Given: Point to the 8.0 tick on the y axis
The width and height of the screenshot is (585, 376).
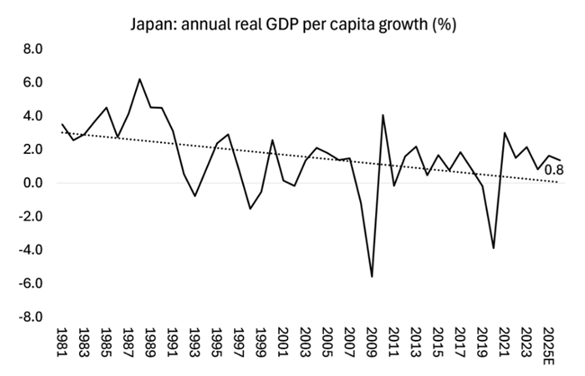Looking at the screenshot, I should (x=31, y=49).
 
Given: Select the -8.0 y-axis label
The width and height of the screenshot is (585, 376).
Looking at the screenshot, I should (x=29, y=318).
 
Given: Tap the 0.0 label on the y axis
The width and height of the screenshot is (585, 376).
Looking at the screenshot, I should (x=31, y=184).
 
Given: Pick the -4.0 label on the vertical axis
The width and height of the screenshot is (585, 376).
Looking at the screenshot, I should (x=29, y=250).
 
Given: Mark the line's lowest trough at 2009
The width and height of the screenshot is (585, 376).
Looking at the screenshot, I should (x=372, y=277).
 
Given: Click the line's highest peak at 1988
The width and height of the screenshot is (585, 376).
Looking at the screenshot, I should (x=139, y=79).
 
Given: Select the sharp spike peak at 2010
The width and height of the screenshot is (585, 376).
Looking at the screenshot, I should (x=383, y=115).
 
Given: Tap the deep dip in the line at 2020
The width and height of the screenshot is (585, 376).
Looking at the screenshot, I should (x=493, y=247).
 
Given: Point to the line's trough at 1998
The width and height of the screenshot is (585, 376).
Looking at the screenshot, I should (x=250, y=209).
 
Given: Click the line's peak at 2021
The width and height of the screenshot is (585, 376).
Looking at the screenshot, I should (x=505, y=133).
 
